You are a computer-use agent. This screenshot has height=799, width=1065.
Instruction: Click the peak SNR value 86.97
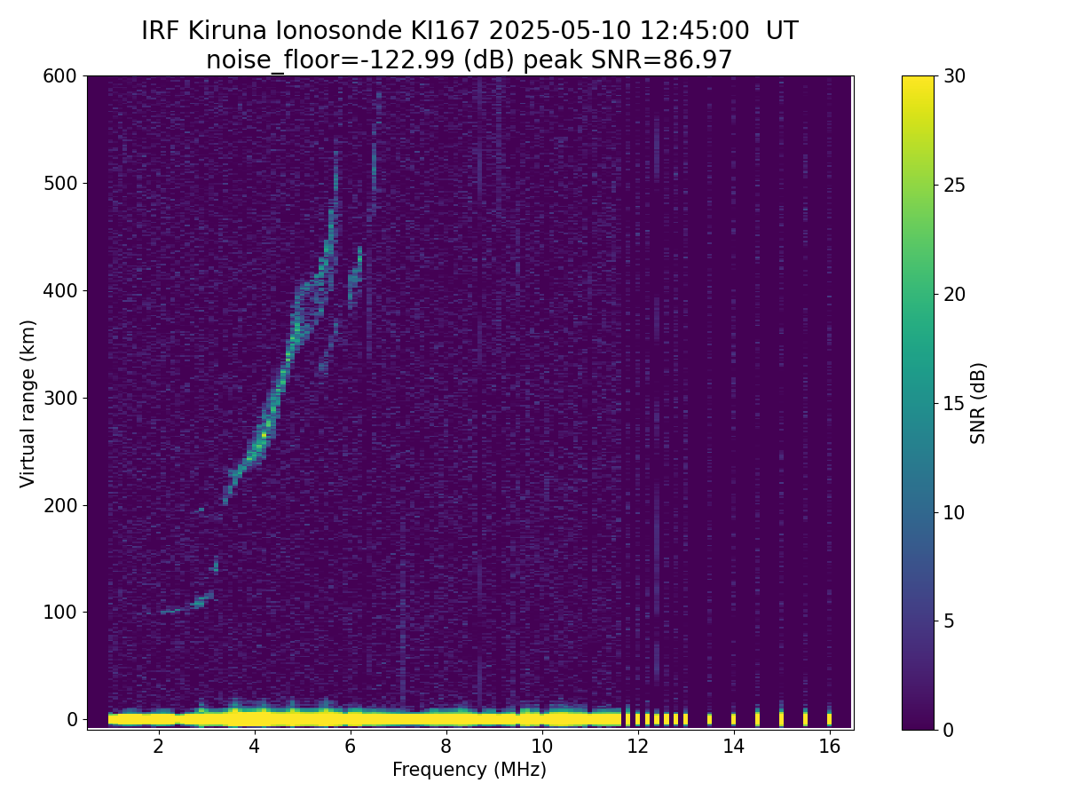point(701,60)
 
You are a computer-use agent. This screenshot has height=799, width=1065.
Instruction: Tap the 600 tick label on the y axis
point(59,76)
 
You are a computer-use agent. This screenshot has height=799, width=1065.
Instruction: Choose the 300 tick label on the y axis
point(59,398)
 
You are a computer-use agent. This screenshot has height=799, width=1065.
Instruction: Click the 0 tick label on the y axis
point(73,719)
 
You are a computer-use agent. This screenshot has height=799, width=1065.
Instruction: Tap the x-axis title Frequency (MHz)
point(469,770)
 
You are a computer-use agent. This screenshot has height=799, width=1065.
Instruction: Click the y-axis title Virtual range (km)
point(28,403)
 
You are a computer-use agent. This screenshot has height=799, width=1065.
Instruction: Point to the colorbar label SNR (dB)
point(978,403)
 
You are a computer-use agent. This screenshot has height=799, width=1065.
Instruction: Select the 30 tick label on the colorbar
point(956,76)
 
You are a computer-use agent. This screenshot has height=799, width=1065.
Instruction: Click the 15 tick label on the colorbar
point(956,403)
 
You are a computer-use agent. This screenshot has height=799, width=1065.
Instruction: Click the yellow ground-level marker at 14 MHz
point(733,718)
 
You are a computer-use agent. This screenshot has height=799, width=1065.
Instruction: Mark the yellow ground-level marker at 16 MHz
point(829,718)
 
